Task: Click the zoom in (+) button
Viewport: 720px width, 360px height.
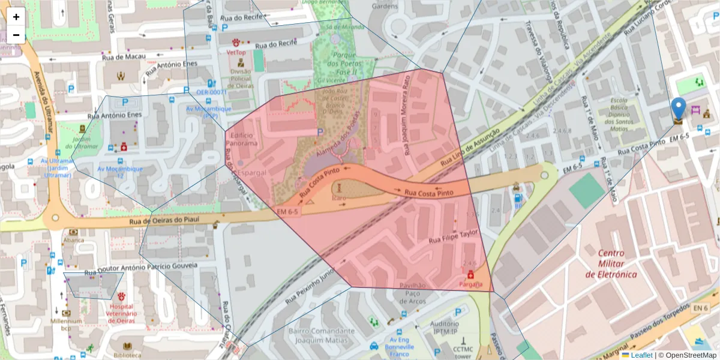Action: pyautogui.click(x=16, y=17)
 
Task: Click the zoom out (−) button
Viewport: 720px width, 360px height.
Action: pyautogui.click(x=16, y=35)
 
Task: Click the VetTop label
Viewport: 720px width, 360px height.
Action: pyautogui.click(x=236, y=52)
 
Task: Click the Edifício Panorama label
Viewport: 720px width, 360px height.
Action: pyautogui.click(x=244, y=140)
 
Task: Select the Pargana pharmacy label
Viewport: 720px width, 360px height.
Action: pyautogui.click(x=470, y=284)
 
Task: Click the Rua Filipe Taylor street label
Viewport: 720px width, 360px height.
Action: pyautogui.click(x=453, y=236)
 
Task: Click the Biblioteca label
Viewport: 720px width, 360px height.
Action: pyautogui.click(x=127, y=355)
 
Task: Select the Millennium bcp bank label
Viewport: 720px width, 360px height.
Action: pyautogui.click(x=66, y=325)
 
